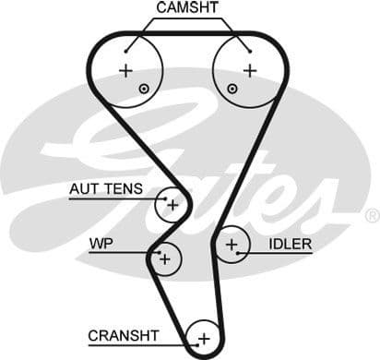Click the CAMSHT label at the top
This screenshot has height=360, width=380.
(x=188, y=7)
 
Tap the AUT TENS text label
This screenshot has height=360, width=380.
(x=106, y=189)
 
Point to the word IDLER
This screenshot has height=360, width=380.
(x=291, y=245)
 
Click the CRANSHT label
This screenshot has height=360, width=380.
(x=124, y=335)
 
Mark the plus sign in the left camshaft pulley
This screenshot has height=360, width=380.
(x=126, y=71)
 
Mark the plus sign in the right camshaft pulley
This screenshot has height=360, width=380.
(x=249, y=70)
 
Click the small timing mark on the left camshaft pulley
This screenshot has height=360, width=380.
(x=144, y=89)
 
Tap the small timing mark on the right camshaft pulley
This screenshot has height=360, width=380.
(x=232, y=89)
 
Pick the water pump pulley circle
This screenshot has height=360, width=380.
(x=165, y=259)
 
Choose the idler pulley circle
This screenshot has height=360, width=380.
(x=232, y=245)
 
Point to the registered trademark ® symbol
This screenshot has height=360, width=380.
(x=372, y=215)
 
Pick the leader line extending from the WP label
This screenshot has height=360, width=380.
(x=138, y=251)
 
